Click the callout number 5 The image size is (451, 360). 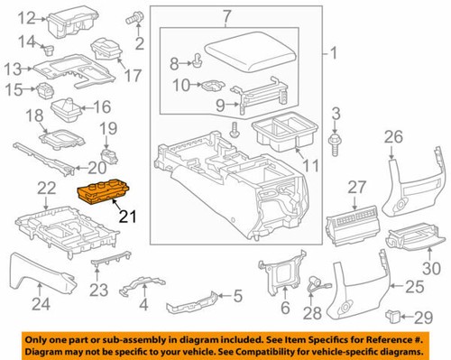237,295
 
